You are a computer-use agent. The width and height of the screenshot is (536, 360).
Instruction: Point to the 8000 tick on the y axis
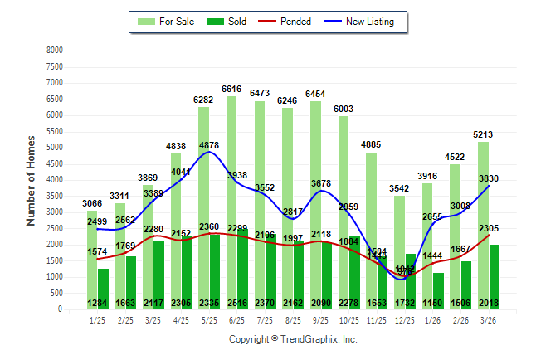tap(55, 51)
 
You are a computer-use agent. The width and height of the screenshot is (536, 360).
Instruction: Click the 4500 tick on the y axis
tap(55, 163)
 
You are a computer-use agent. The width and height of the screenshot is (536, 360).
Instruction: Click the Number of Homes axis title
tap(32, 180)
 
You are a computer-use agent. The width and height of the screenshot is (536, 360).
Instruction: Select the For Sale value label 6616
tap(231, 89)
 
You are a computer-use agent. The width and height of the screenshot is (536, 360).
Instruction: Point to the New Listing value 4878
tap(209, 146)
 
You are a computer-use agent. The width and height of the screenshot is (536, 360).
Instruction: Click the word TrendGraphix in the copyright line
tap(311, 339)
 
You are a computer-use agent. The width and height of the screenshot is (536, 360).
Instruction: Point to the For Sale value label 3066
tap(91, 203)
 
